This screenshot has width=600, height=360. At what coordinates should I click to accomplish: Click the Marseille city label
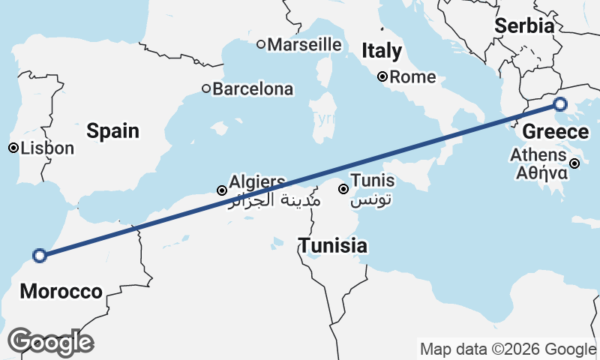pos(304,44)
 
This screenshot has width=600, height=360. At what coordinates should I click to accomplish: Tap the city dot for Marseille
pos(261,44)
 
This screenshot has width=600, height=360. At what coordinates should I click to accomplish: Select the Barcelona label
pos(253,89)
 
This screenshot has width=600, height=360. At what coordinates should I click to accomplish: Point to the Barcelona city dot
pos(206,89)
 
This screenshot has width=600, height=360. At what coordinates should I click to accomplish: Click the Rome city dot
pos(382,76)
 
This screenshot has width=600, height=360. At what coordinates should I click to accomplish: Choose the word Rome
pos(412,76)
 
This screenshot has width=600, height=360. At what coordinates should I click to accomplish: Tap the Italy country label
pos(382,51)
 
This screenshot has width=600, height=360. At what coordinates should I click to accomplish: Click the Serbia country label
pos(524,25)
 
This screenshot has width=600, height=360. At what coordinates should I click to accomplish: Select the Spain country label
pos(112,130)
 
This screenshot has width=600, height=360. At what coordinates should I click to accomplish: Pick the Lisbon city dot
pos(13,148)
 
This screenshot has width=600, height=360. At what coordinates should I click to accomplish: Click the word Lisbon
pos(48,148)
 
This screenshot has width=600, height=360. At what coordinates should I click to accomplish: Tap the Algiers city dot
pos(222,190)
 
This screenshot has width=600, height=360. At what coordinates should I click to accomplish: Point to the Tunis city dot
pos(343,189)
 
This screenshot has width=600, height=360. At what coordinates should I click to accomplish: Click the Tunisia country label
pos(333,245)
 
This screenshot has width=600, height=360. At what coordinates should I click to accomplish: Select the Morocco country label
pos(61,292)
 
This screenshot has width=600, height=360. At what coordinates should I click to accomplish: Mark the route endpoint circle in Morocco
pos(40,255)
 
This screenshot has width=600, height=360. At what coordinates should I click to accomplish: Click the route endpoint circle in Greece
pos(560,104)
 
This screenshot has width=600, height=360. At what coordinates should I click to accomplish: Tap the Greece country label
pos(555,133)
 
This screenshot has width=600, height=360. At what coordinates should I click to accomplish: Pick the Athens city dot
pos(574,163)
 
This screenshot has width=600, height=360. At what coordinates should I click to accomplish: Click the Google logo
pos(50,342)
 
